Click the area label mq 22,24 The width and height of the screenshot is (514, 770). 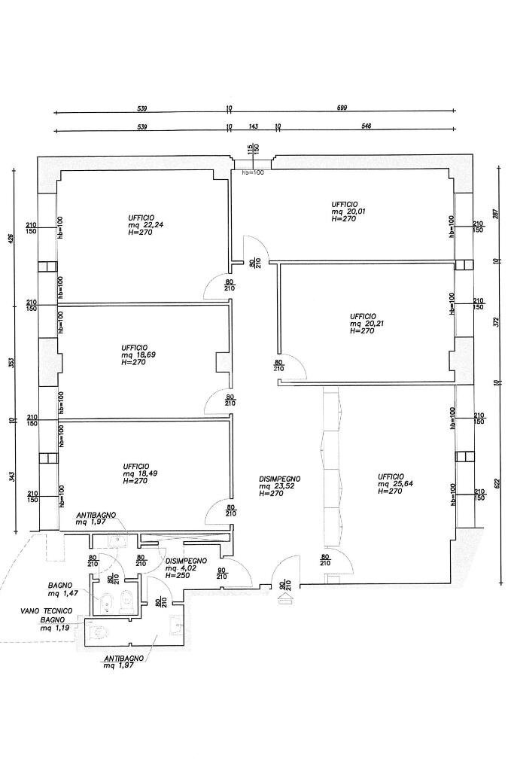pyautogui.click(x=143, y=226)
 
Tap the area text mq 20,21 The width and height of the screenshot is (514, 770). pyautogui.click(x=366, y=324)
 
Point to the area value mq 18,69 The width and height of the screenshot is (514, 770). pyautogui.click(x=138, y=355)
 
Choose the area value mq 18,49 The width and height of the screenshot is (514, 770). pyautogui.click(x=140, y=473)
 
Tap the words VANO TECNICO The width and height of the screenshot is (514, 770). pyautogui.click(x=46, y=610)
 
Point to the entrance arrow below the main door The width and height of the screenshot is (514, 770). pyautogui.click(x=286, y=600)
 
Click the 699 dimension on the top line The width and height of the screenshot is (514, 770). pyautogui.click(x=342, y=108)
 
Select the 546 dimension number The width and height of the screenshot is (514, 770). pyautogui.click(x=366, y=126)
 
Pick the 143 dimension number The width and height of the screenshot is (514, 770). pyautogui.click(x=253, y=126)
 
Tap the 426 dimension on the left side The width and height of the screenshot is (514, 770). pyautogui.click(x=11, y=238)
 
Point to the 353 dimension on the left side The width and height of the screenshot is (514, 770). pyautogui.click(x=11, y=363)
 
